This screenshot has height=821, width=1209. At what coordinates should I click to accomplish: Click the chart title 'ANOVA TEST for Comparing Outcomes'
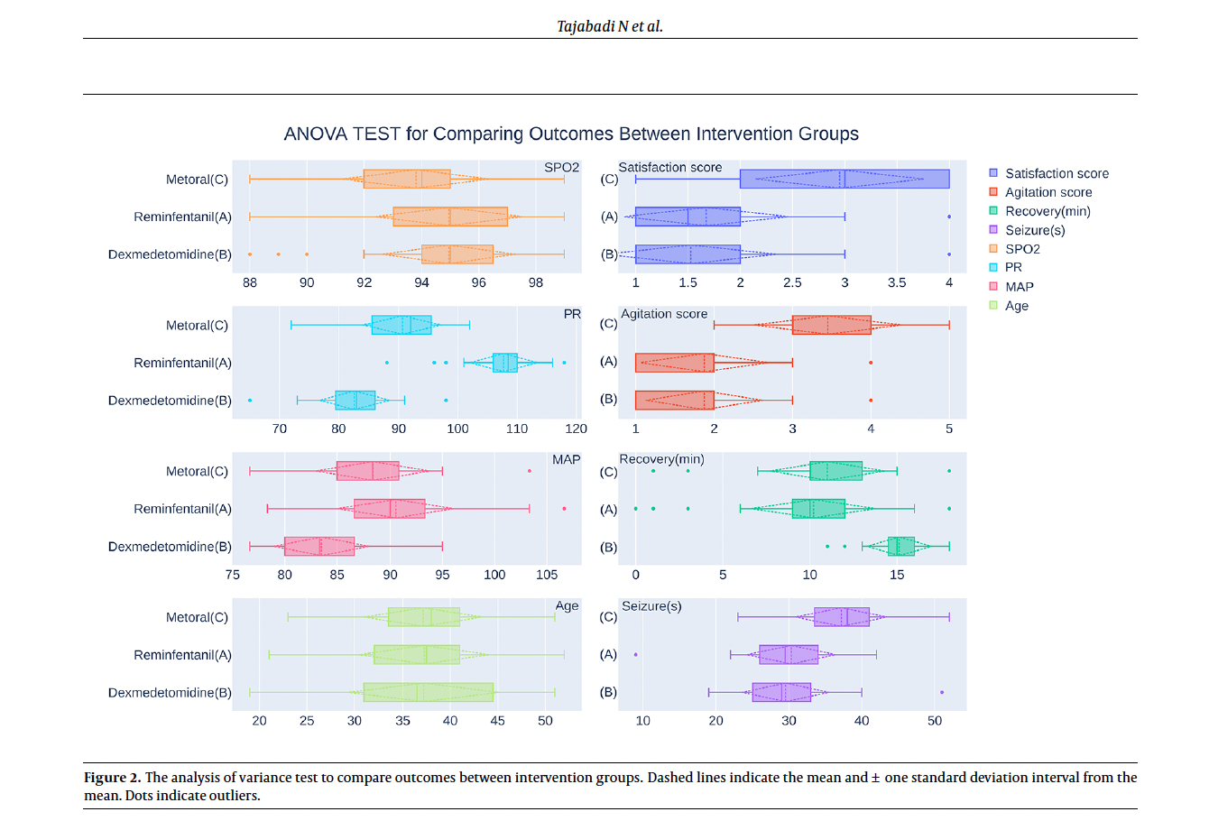570,134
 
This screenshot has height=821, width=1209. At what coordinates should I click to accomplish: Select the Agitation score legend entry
1048,192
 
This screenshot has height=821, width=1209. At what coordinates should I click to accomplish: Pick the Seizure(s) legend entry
1035,230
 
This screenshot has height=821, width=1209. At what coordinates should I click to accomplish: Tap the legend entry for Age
1016,306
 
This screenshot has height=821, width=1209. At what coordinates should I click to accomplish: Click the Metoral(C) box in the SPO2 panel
407,179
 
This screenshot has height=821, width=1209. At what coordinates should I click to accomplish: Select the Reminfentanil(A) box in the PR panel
505,363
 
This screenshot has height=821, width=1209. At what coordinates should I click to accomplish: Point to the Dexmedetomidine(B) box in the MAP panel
319,546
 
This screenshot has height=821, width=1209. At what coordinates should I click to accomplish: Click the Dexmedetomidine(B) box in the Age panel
429,692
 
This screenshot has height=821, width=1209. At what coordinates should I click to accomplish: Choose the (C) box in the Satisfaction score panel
844,179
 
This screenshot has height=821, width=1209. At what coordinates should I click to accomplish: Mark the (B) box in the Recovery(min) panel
901,546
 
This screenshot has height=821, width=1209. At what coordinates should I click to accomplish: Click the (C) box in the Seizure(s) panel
842,617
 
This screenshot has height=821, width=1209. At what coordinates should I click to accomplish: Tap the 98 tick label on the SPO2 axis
536,282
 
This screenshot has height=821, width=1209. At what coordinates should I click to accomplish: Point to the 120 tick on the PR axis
576,429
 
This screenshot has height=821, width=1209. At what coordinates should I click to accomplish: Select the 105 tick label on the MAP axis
547,575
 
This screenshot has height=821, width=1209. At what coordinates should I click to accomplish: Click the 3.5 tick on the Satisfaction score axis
897,282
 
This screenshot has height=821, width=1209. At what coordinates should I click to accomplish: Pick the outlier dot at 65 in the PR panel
250,400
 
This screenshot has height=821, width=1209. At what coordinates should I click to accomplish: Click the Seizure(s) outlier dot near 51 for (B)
942,692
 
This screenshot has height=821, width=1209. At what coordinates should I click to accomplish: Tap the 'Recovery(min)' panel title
661,459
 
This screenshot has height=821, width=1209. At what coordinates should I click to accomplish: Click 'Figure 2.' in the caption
112,778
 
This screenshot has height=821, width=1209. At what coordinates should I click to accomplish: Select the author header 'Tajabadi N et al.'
610,26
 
